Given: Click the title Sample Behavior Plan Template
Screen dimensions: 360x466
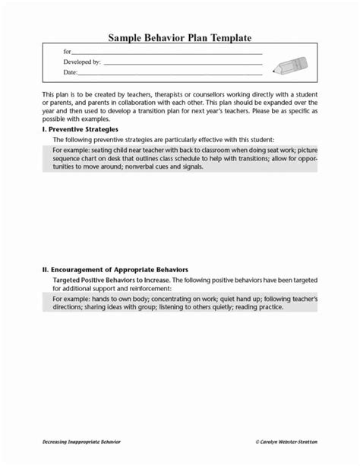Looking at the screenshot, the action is tap(179, 37).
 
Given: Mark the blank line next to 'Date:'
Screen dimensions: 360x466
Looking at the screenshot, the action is tap(170, 74).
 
